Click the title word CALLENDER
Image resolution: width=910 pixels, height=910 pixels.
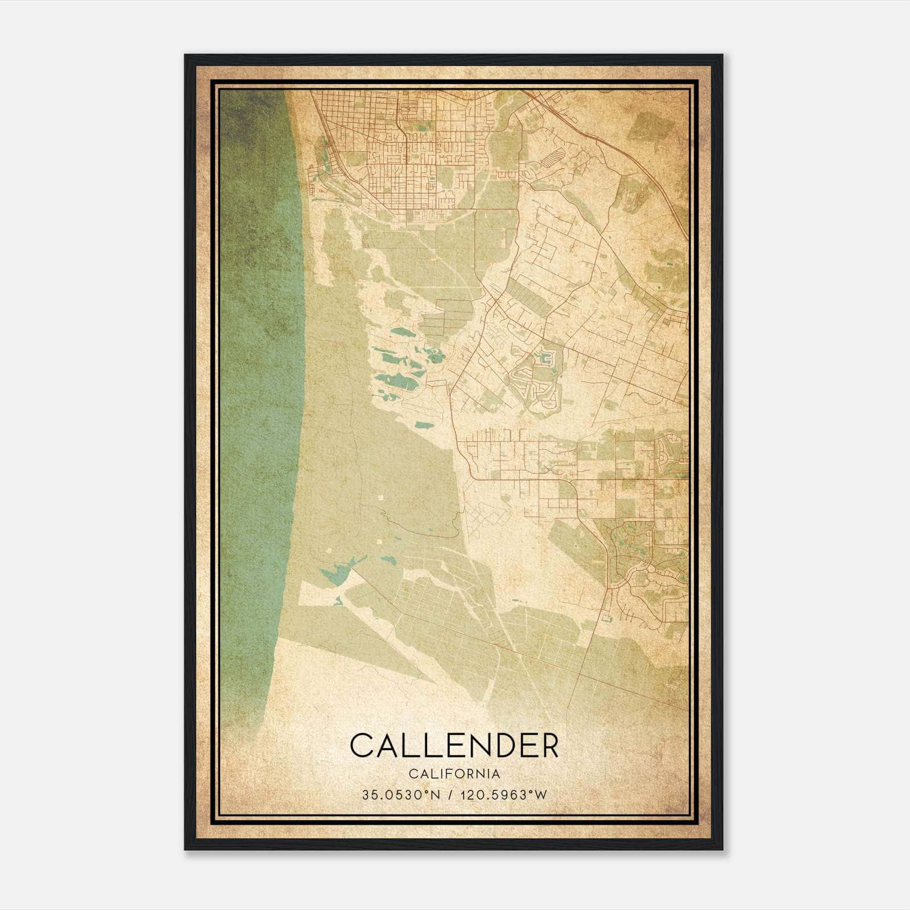[454, 746]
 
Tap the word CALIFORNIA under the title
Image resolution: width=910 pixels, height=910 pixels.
[454, 774]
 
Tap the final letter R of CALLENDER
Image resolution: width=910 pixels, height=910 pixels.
[550, 746]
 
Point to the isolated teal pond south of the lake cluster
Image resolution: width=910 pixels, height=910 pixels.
[423, 425]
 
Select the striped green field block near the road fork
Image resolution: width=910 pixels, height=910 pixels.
[529, 296]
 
